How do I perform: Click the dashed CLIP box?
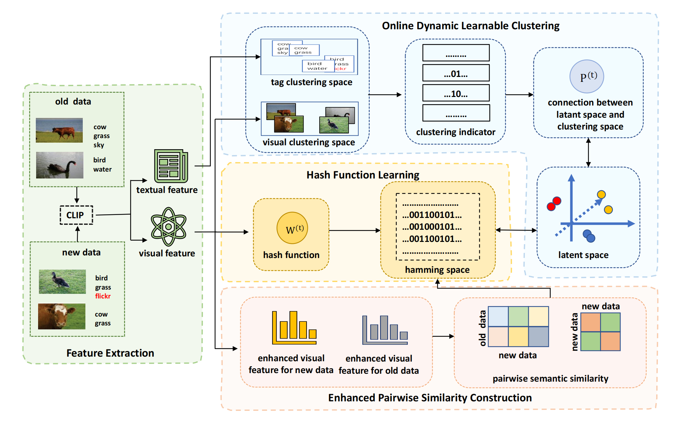[x=76, y=215]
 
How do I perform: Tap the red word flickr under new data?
[x=103, y=296]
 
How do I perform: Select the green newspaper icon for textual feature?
[x=171, y=166]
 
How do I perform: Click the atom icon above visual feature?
[x=168, y=226]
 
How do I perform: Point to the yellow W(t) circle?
[x=292, y=228]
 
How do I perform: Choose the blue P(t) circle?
[x=586, y=76]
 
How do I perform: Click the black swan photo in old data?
[x=59, y=165]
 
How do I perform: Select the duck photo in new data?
[x=62, y=282]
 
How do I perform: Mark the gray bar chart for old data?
[x=385, y=330]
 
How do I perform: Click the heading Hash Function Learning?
[x=363, y=175]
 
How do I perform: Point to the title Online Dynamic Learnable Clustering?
[x=470, y=26]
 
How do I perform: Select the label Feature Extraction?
[x=110, y=353]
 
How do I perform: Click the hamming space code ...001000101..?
[x=432, y=227]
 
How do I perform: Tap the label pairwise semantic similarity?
[x=550, y=379]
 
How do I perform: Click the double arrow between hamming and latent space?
[x=516, y=230]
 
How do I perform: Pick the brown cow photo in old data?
[x=59, y=130]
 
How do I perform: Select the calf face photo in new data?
[x=62, y=316]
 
